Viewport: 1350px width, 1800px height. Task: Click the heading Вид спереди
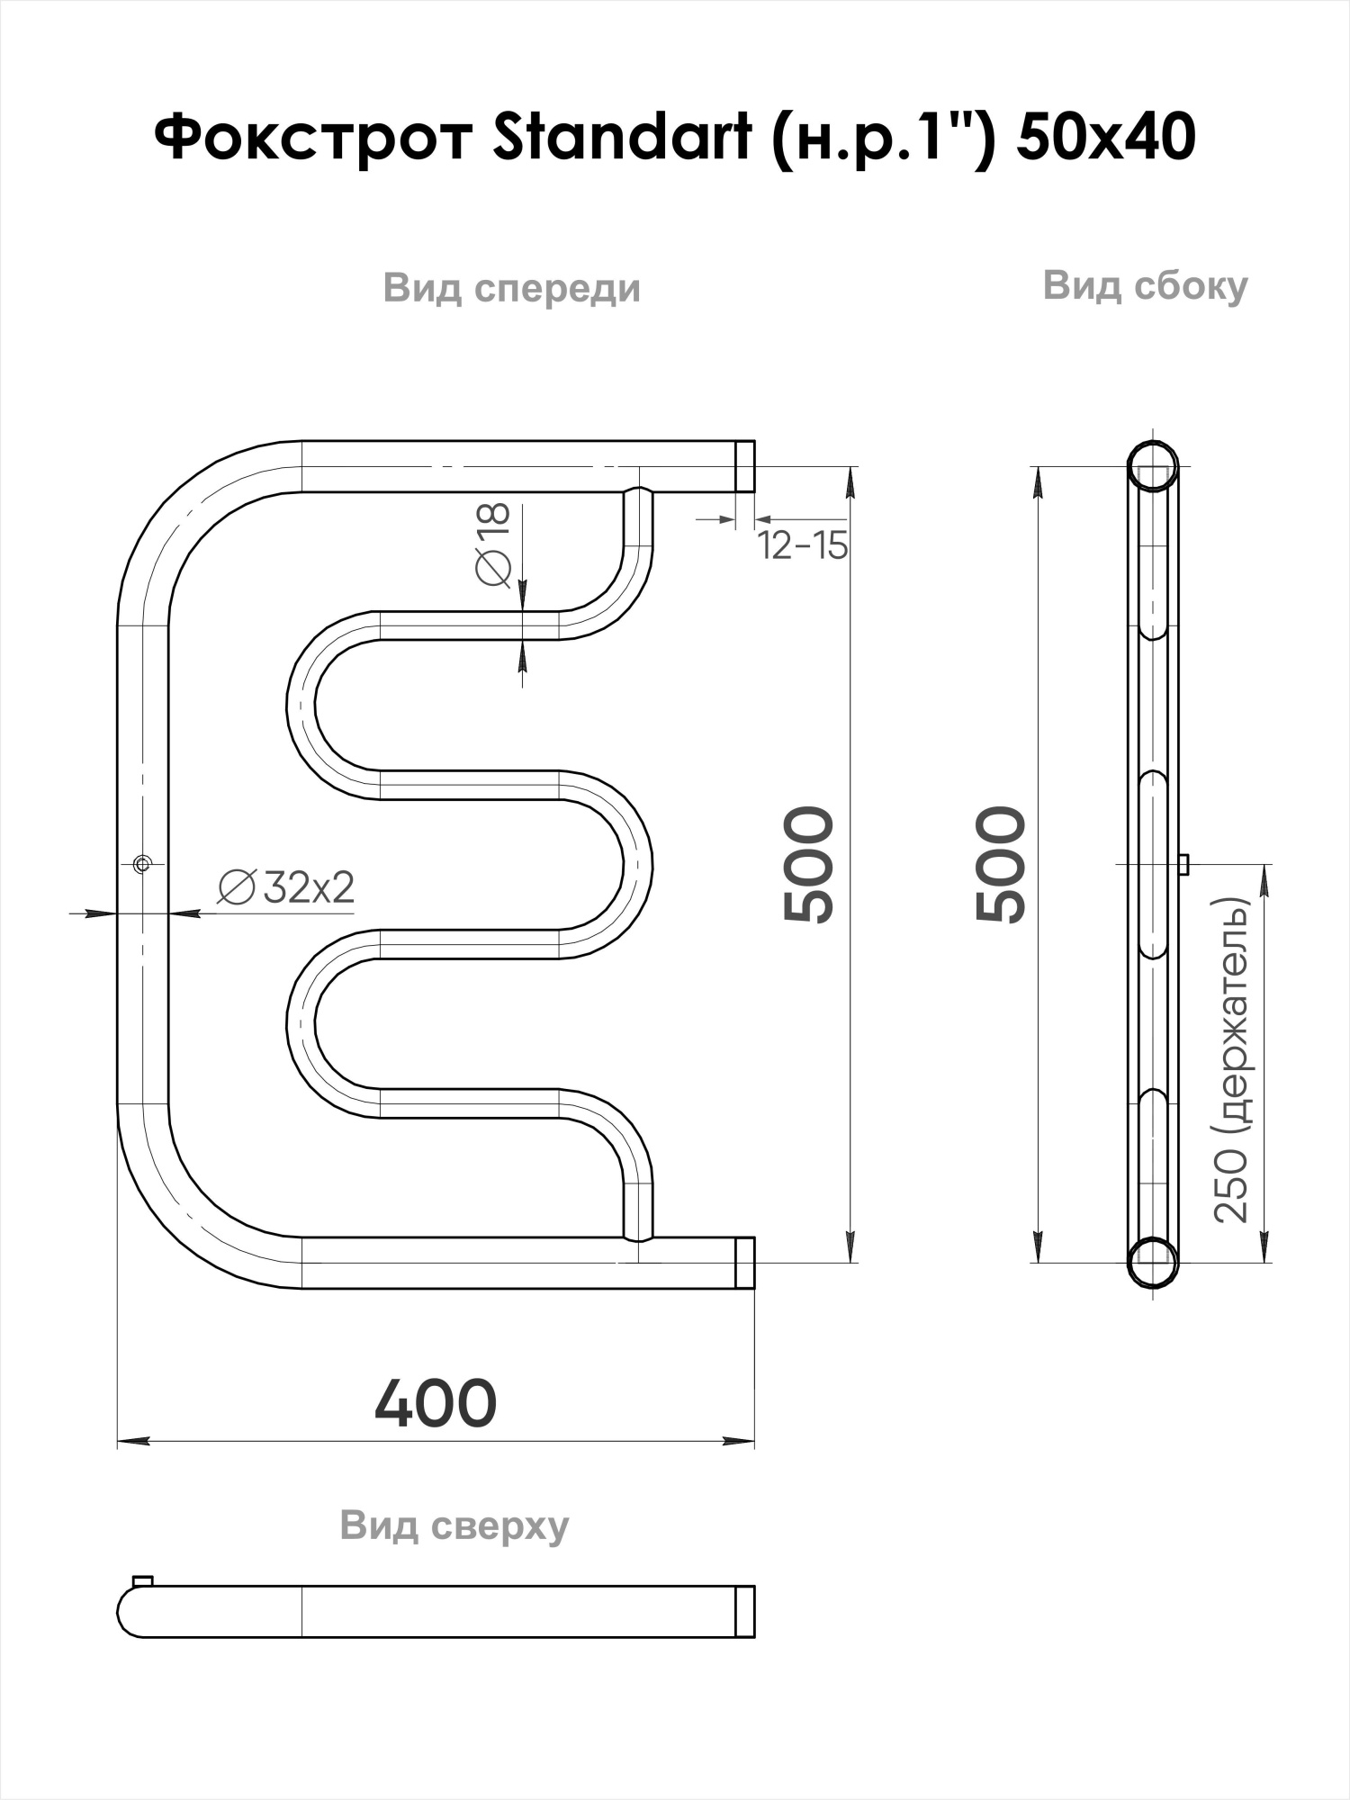(511, 289)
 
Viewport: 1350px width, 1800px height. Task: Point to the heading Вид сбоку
(1145, 286)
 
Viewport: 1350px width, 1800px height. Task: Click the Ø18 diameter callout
(493, 544)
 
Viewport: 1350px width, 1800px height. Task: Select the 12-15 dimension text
(802, 545)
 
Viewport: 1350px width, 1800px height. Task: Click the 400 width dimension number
(435, 1403)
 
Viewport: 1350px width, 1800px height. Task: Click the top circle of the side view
(1153, 465)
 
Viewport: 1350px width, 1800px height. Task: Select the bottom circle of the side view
(1153, 1262)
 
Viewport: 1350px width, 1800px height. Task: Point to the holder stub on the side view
(1183, 864)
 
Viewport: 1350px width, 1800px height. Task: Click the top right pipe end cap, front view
(744, 466)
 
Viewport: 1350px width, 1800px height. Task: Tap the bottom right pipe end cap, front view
(744, 1262)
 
